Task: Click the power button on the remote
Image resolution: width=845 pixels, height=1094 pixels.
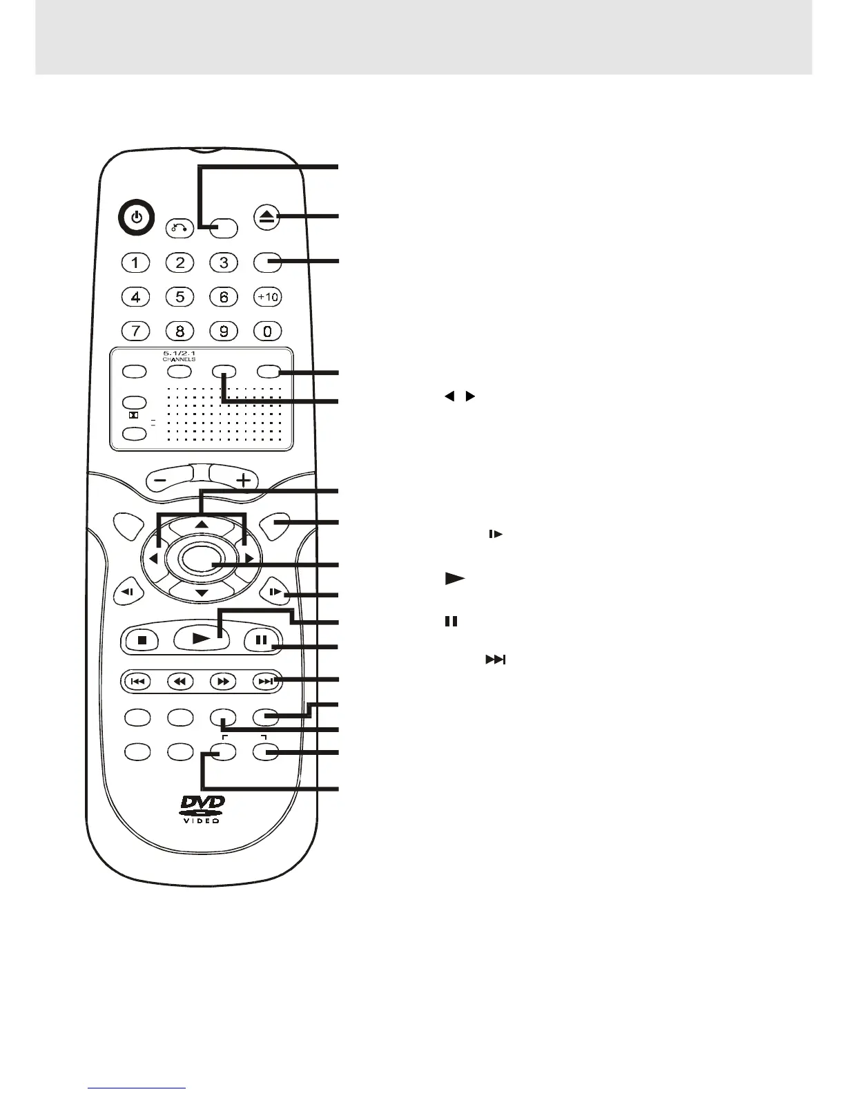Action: point(137,218)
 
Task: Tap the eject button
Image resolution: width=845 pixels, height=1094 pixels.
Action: point(267,218)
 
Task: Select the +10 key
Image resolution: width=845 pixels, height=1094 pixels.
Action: point(267,297)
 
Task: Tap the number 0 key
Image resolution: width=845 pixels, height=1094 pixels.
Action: point(267,331)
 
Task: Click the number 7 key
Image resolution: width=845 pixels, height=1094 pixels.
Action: point(136,331)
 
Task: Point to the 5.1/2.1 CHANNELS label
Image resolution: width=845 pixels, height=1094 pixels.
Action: point(179,356)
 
